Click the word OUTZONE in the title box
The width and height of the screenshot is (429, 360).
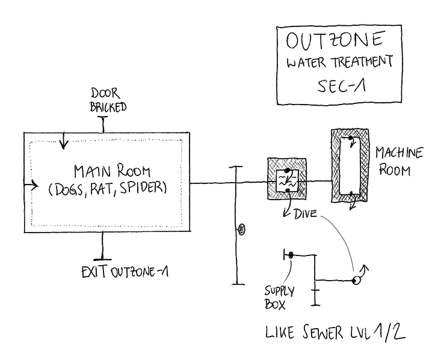pyautogui.click(x=334, y=41)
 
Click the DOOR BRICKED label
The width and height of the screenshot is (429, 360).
pyautogui.click(x=108, y=100)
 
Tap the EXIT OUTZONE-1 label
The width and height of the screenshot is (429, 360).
pyautogui.click(x=124, y=272)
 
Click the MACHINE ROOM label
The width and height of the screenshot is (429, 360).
pyautogui.click(x=394, y=160)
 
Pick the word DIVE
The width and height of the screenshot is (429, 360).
pyautogui.click(x=306, y=213)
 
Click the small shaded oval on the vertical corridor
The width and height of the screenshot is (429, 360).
pyautogui.click(x=241, y=228)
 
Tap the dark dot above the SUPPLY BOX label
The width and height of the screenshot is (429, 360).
pyautogui.click(x=291, y=255)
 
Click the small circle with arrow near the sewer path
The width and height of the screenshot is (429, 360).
pyautogui.click(x=356, y=279)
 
